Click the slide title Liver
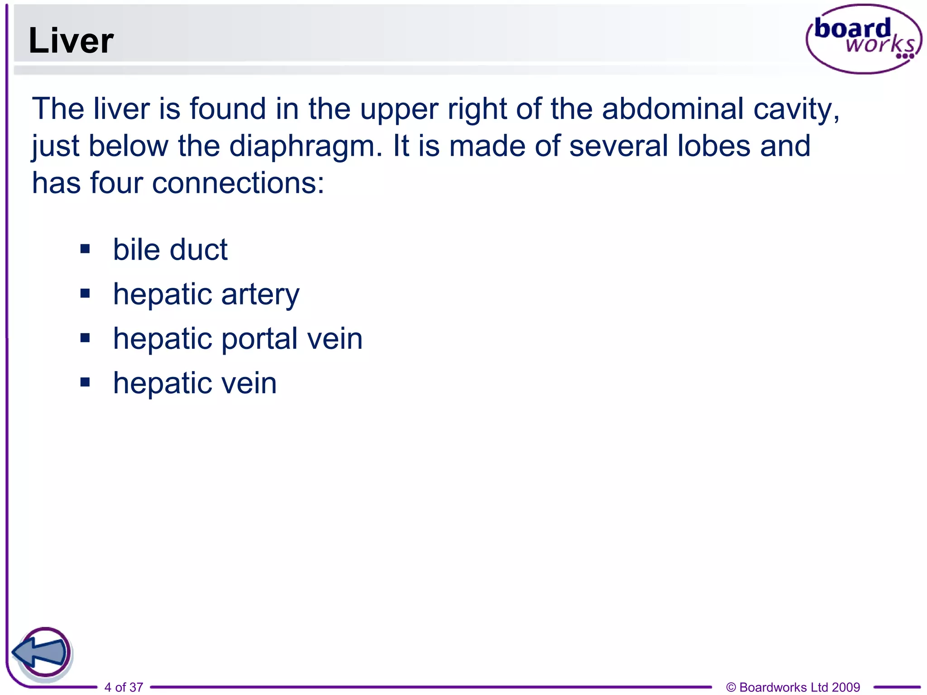click(71, 41)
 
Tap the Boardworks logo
click(863, 39)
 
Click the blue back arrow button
click(42, 652)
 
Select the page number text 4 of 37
click(124, 687)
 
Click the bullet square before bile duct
click(85, 249)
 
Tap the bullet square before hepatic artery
click(85, 294)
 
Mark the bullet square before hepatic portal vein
click(85, 338)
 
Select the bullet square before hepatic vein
click(85, 382)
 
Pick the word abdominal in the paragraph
click(673, 109)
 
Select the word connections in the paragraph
click(238, 183)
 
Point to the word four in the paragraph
click(116, 183)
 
